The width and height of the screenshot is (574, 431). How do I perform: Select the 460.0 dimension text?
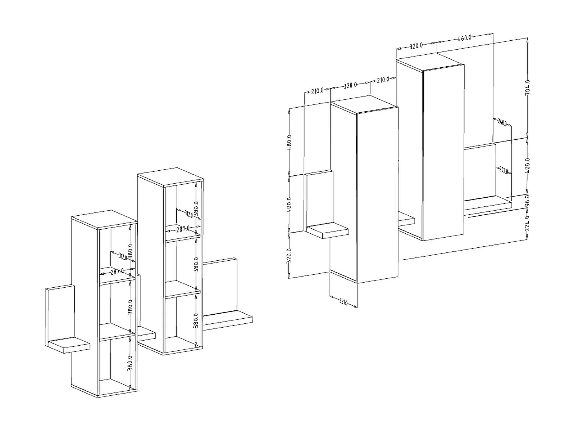coord(464,37)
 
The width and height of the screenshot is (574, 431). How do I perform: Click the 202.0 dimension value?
coord(504,170)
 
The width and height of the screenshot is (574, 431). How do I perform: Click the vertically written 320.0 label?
coord(290,256)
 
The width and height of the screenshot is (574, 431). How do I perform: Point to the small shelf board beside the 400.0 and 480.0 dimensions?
coord(328,230)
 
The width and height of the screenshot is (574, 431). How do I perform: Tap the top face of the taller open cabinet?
coord(170,177)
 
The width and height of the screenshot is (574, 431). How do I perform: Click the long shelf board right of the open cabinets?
coord(228,320)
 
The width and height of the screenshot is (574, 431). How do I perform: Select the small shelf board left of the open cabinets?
coord(69,345)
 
